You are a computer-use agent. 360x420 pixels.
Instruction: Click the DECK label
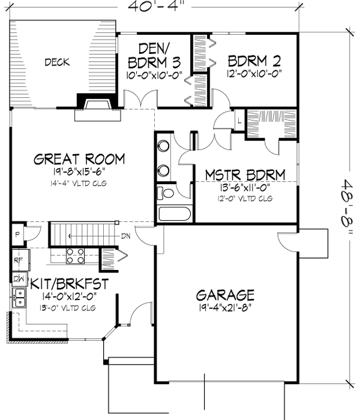tap(56, 62)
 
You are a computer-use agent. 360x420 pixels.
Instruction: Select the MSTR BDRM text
tap(244, 175)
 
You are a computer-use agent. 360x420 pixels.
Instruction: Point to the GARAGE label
tap(226, 295)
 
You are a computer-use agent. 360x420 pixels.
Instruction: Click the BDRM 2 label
tap(255, 61)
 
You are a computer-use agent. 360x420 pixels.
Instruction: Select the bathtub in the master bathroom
tap(173, 214)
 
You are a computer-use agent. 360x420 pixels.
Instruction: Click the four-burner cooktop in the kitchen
tap(75, 256)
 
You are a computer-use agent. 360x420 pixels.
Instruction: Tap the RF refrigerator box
tap(17, 260)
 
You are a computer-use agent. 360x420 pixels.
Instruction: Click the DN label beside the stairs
tap(125, 236)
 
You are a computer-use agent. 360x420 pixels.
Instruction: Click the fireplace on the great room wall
tap(95, 105)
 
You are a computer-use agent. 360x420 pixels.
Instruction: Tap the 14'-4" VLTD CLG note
tap(79, 183)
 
